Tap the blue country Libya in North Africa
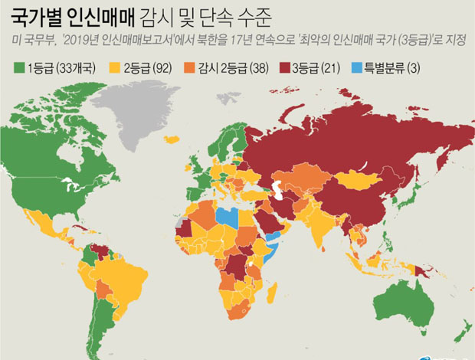coord(228,217)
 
